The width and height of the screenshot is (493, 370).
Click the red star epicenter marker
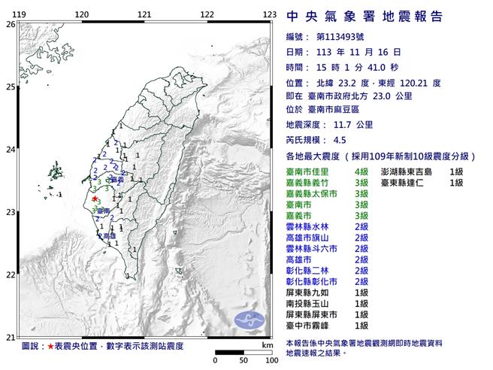click(x=95, y=199)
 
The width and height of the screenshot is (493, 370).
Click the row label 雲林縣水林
click(x=310, y=226)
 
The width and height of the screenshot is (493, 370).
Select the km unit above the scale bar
click(x=267, y=345)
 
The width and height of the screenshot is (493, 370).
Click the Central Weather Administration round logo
click(x=252, y=320)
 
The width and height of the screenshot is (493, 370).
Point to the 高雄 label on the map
click(x=110, y=235)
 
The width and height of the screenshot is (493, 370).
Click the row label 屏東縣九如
click(x=310, y=291)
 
